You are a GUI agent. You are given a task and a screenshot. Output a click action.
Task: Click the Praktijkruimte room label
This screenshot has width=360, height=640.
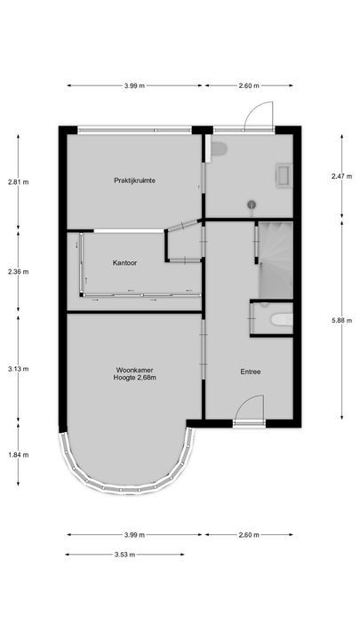coord(135,180)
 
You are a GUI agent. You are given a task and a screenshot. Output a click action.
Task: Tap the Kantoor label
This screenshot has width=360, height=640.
coord(124,263)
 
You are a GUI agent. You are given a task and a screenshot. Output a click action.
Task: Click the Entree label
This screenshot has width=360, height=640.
coord(250,372)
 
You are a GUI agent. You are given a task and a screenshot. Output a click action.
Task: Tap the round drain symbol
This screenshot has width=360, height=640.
coord(252,204)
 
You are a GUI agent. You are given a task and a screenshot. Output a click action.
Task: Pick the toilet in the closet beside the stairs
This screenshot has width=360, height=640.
coord(279,319)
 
